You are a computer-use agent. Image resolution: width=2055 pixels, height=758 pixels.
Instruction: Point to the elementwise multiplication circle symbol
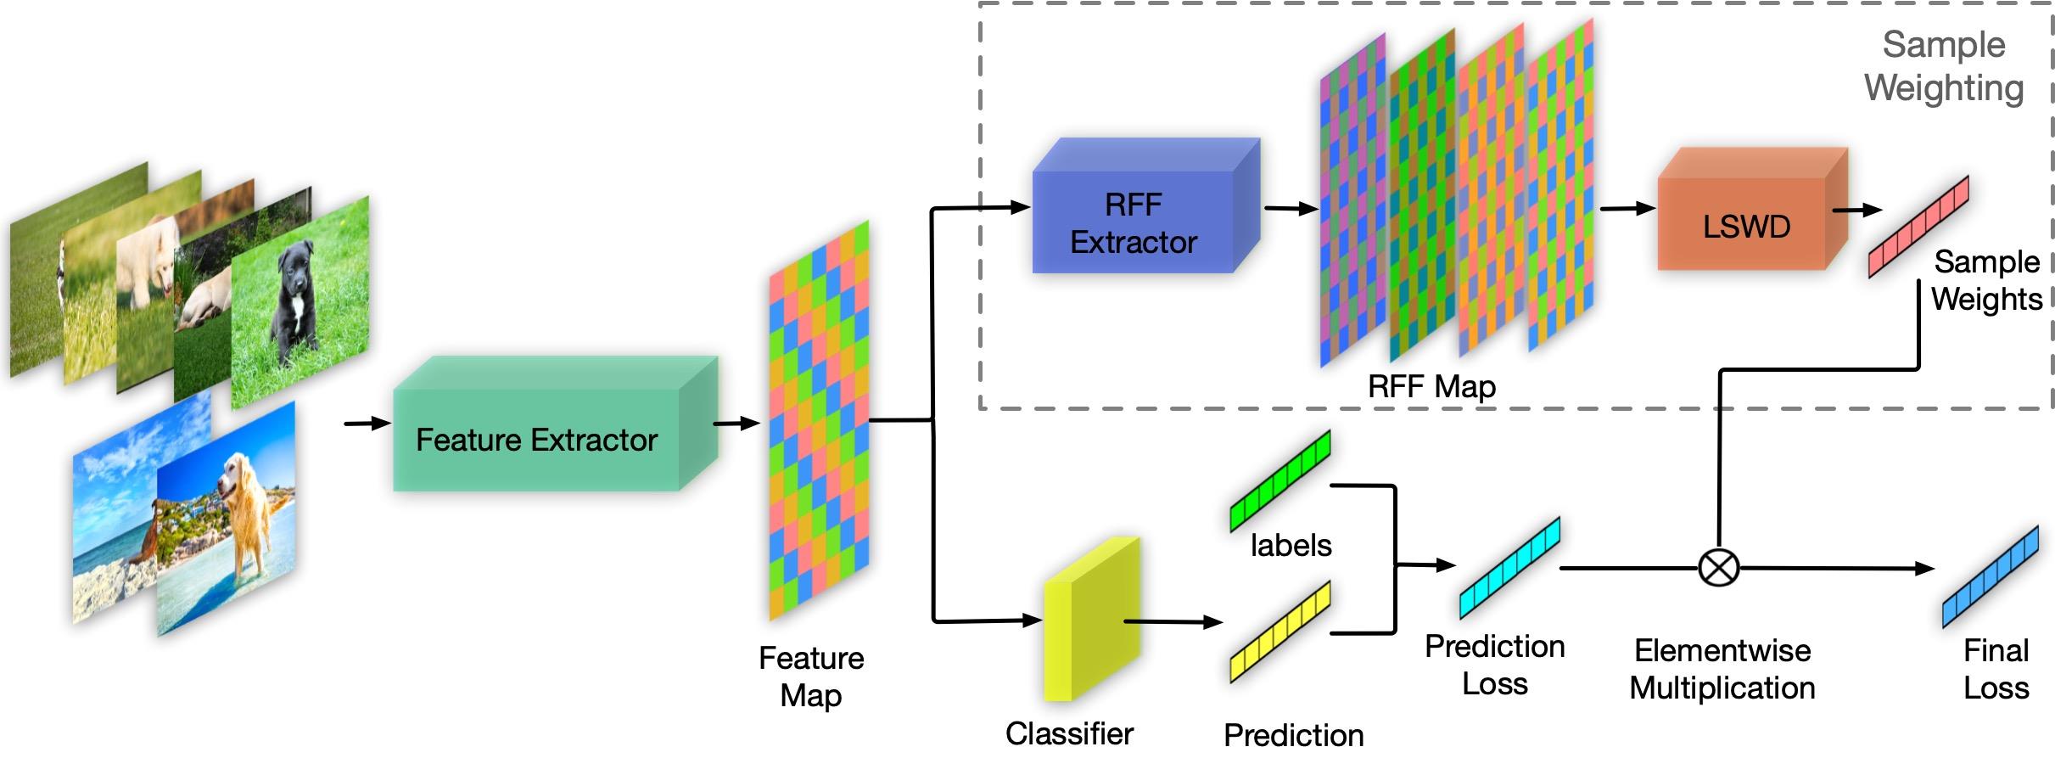1719,568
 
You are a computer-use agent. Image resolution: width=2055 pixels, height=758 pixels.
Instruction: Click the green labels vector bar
1280,481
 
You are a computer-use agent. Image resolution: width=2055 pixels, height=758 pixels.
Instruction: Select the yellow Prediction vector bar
1280,631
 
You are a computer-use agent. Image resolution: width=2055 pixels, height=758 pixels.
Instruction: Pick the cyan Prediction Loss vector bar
1509,568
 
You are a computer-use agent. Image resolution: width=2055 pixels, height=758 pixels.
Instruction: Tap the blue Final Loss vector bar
1991,577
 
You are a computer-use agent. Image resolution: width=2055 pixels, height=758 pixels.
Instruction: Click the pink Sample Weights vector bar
1918,227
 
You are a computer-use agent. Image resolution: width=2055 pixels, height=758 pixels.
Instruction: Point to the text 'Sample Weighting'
1943,66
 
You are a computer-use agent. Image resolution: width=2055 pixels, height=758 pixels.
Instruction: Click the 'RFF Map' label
1431,387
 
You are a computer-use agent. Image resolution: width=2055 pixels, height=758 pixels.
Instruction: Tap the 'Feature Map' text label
811,677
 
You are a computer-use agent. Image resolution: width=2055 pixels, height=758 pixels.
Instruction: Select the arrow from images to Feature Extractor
367,423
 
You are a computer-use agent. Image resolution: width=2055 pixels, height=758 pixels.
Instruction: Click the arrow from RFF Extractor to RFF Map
1291,209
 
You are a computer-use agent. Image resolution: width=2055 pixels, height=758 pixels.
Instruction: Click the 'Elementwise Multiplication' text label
1722,669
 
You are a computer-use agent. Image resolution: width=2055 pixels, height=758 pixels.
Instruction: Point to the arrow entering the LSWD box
1627,208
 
